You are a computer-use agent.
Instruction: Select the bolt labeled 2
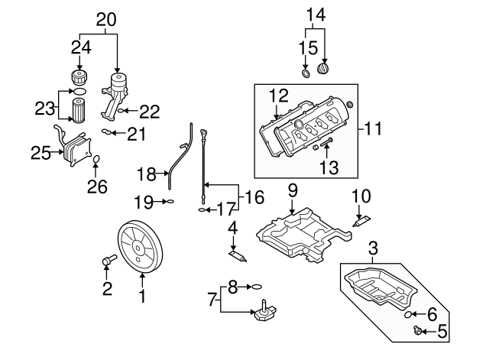(108, 261)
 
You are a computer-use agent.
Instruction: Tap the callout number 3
(374, 248)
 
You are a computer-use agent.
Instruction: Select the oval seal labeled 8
(257, 287)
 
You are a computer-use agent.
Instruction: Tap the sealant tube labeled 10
(362, 222)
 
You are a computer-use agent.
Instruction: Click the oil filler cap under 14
(325, 70)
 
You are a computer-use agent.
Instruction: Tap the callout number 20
(107, 19)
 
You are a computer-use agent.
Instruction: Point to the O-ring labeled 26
(96, 159)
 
